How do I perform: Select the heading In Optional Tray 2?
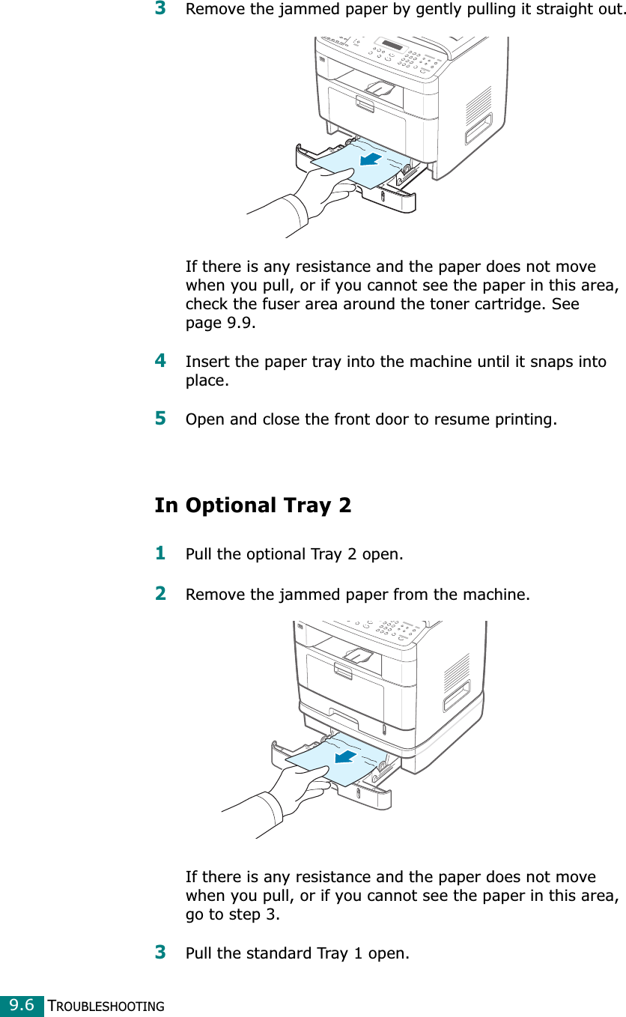coord(252,506)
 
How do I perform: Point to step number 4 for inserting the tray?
coord(160,361)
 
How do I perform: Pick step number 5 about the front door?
coord(160,417)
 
